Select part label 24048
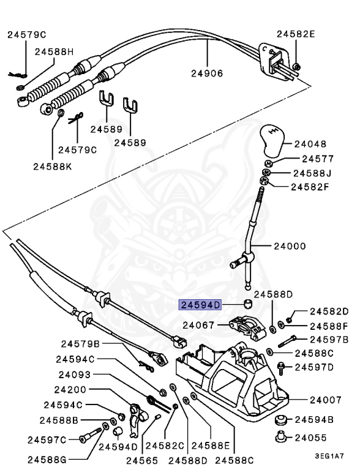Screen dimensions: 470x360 point(311,146)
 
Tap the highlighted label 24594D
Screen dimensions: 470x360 point(200,304)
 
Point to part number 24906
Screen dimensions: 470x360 point(206,73)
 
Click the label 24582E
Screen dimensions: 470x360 point(296,34)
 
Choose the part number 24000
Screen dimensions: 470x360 point(290,247)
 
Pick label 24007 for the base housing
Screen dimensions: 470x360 point(325,400)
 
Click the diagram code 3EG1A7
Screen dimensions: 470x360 point(329,456)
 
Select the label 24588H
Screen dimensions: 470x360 point(54,52)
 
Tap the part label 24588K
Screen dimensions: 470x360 point(53,166)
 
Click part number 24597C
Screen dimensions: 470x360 point(47,439)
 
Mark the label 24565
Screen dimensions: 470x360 point(141,460)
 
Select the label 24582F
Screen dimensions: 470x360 point(310,186)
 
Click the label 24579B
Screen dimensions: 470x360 point(80,344)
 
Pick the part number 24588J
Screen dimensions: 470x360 point(312,173)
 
